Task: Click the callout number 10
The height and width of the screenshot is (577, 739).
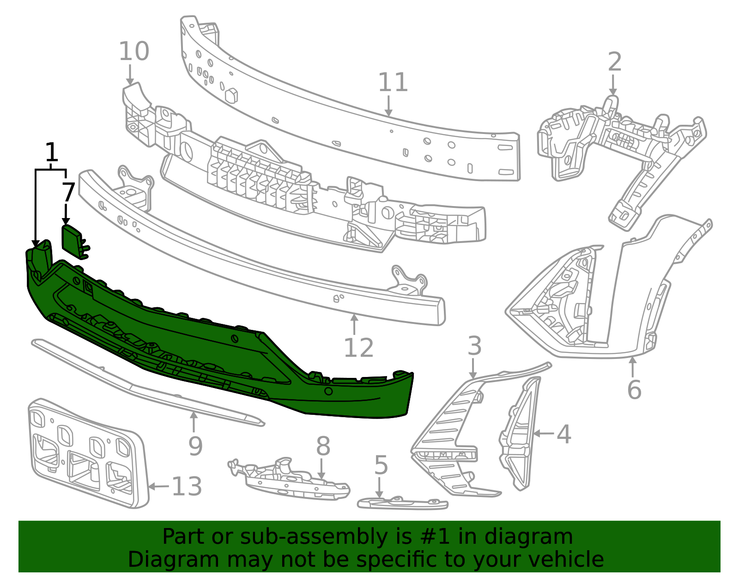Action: tap(134, 52)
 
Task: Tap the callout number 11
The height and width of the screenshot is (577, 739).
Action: tap(393, 82)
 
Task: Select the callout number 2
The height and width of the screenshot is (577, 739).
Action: tap(615, 62)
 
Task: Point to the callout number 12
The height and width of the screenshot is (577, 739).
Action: tap(359, 347)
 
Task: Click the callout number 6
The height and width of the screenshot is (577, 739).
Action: tap(634, 390)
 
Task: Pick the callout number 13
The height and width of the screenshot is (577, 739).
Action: tap(187, 486)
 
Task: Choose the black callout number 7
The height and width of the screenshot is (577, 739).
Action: tap(68, 193)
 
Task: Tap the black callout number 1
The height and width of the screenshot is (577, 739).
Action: tap(51, 152)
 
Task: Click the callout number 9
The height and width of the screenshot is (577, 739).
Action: tap(195, 446)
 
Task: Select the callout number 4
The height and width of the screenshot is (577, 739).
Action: tap(563, 434)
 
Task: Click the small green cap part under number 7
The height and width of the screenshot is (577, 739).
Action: tap(75, 242)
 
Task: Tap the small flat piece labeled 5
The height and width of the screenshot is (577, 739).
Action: tap(403, 503)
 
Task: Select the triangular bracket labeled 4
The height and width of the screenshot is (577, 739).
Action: tap(519, 434)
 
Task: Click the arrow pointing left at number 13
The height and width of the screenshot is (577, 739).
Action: tap(159, 486)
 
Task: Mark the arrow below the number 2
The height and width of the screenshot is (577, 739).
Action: tap(613, 85)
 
